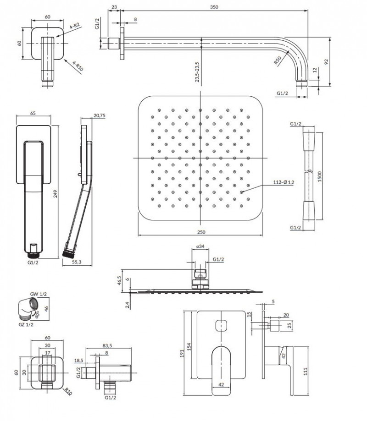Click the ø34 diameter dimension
pyautogui.click(x=200, y=247)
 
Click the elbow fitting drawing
pyautogui.click(x=29, y=306)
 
